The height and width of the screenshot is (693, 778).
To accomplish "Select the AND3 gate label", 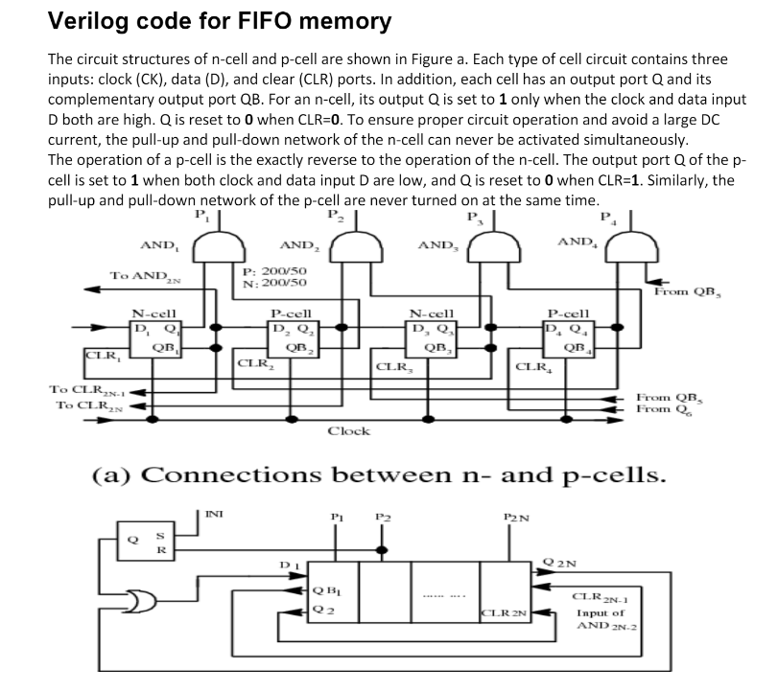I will (437, 246).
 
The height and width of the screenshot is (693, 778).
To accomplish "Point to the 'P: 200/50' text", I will (275, 271).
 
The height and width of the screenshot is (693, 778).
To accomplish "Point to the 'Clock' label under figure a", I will (349, 431).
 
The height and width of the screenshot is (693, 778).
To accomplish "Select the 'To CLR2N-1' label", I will (83, 390).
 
